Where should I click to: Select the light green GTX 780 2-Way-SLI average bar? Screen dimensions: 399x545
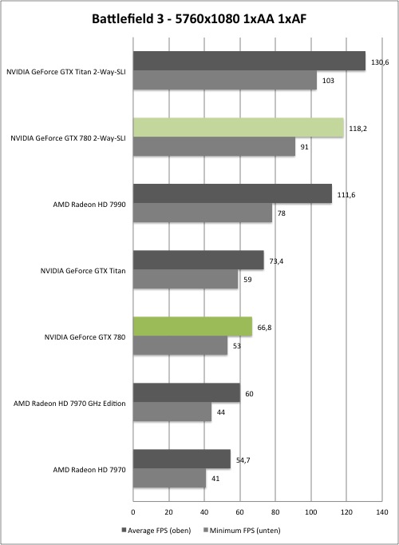239,128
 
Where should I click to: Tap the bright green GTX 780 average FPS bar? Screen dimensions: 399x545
192,326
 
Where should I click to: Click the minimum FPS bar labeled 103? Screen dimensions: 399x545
225,80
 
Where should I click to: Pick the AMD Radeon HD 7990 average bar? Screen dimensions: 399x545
232,193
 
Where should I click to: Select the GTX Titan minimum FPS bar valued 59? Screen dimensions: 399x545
186,279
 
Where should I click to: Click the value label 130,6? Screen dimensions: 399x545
380,62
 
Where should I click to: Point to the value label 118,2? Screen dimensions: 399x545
358,129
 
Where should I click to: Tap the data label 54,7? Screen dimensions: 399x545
243,460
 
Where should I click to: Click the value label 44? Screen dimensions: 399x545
221,412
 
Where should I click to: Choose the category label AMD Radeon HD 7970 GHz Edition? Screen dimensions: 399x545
69,404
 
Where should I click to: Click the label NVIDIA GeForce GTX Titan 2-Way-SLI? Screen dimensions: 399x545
66,72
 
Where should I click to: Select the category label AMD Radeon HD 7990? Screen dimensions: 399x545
89,205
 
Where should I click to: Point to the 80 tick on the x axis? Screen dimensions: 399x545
275,512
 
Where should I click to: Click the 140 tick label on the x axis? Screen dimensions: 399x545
382,512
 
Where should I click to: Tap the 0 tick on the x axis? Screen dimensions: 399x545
133,512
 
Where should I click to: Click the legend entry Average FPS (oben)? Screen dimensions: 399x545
156,531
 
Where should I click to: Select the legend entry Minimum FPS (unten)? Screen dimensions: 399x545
242,531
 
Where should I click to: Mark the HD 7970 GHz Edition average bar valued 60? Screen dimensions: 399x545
187,392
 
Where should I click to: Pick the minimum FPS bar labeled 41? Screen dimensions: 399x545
169,478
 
